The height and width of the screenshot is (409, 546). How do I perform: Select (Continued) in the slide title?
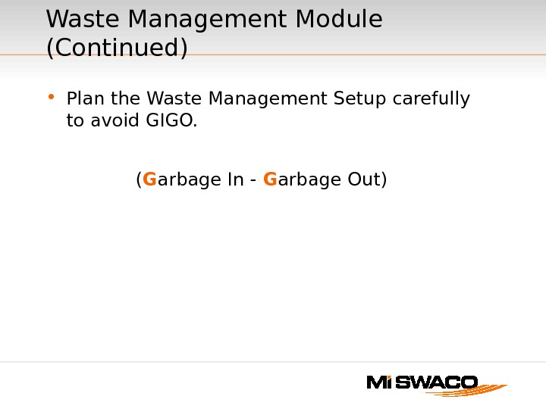click(117, 48)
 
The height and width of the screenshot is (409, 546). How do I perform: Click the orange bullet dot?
click(51, 96)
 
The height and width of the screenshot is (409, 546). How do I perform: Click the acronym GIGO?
click(171, 120)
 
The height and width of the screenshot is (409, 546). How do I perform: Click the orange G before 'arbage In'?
click(149, 180)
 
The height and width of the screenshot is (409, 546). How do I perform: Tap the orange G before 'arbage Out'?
click(270, 180)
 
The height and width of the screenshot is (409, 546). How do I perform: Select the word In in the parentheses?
click(235, 180)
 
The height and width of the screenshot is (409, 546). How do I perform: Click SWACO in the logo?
click(436, 382)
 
